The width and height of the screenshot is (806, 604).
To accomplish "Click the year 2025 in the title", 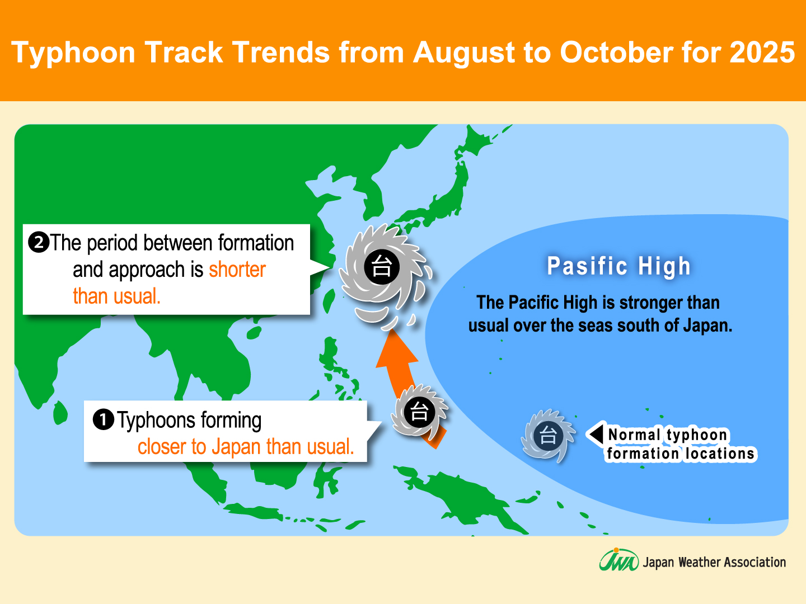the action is [x=762, y=52].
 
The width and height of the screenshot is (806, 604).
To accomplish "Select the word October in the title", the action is [x=616, y=52].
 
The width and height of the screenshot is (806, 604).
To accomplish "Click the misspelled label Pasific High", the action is [x=618, y=266].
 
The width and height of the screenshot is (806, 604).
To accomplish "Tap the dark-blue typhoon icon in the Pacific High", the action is [x=547, y=435].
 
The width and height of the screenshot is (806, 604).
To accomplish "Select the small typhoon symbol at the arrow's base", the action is [x=419, y=412].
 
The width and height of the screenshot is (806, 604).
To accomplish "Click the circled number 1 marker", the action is [x=103, y=419].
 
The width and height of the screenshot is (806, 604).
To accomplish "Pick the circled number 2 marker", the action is [x=39, y=242].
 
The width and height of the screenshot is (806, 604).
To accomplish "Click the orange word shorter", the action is [x=237, y=270].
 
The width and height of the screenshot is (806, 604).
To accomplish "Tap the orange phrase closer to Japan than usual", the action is [x=246, y=447].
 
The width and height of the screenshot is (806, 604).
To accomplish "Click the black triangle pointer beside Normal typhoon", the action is [x=596, y=434].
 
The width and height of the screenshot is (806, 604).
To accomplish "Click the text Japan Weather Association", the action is [x=714, y=562].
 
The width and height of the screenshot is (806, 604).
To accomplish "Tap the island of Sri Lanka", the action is [x=60, y=413].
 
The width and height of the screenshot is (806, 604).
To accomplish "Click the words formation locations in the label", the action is [x=681, y=454].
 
